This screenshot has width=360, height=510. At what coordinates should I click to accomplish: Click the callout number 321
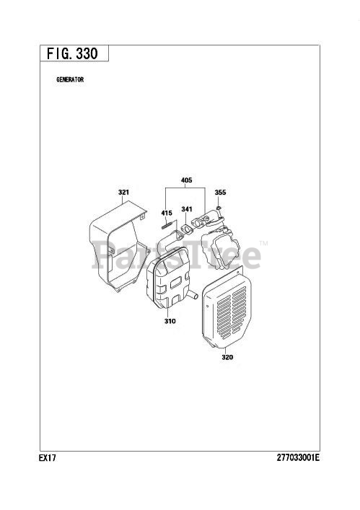click(123, 192)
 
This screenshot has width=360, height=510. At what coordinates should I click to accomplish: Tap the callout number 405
click(186, 180)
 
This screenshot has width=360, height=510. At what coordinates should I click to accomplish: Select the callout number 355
click(220, 193)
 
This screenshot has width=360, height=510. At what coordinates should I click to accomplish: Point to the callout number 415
click(167, 213)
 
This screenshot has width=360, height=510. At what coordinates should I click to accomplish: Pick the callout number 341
click(187, 209)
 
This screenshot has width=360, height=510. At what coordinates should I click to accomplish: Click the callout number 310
click(170, 321)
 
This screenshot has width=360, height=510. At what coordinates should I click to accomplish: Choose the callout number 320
click(227, 357)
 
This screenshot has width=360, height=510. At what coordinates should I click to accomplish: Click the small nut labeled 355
click(219, 207)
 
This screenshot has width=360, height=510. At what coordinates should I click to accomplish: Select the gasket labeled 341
click(187, 229)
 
